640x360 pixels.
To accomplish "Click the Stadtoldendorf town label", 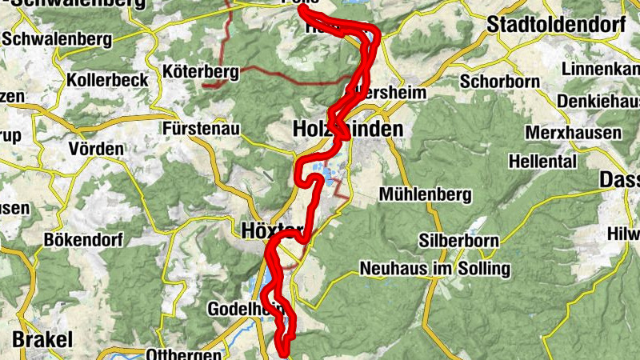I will coord(556,24).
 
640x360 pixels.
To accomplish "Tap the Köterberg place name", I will coord(201,72).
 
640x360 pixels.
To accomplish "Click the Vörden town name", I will coord(96,149).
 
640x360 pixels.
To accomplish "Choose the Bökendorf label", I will coord(82,238).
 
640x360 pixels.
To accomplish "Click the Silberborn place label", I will coord(459,240).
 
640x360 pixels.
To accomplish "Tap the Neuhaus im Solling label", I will coord(435,269).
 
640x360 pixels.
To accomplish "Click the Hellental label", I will coord(542,161).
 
